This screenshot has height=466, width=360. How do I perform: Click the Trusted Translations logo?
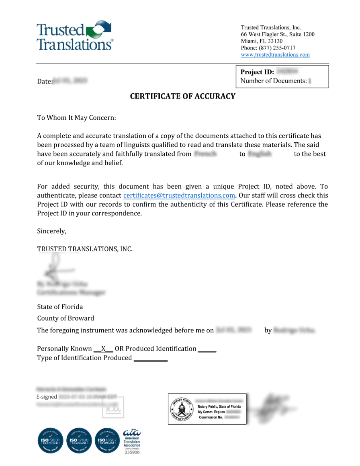pos(75,36)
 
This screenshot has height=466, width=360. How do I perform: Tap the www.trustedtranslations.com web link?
pos(275,55)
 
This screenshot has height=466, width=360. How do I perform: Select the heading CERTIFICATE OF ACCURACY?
pos(182,96)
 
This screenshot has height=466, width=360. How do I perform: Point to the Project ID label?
pos(257,72)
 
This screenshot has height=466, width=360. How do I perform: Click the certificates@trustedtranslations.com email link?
pos(179,196)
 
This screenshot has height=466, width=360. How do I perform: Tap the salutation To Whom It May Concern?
pos(76,118)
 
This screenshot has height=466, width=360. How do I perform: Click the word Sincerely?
pos(51,232)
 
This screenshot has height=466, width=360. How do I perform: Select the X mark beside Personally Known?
pos(103,349)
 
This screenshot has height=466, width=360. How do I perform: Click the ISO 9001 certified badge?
pos(51,440)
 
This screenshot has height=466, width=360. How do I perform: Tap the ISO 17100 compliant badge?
pos(79,440)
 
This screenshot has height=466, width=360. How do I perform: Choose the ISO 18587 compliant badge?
pos(108,440)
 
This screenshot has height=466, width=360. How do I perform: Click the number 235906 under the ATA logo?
pos(132,452)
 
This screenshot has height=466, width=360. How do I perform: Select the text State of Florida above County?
pos(60,307)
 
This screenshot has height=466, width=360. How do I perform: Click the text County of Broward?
pos(65,318)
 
